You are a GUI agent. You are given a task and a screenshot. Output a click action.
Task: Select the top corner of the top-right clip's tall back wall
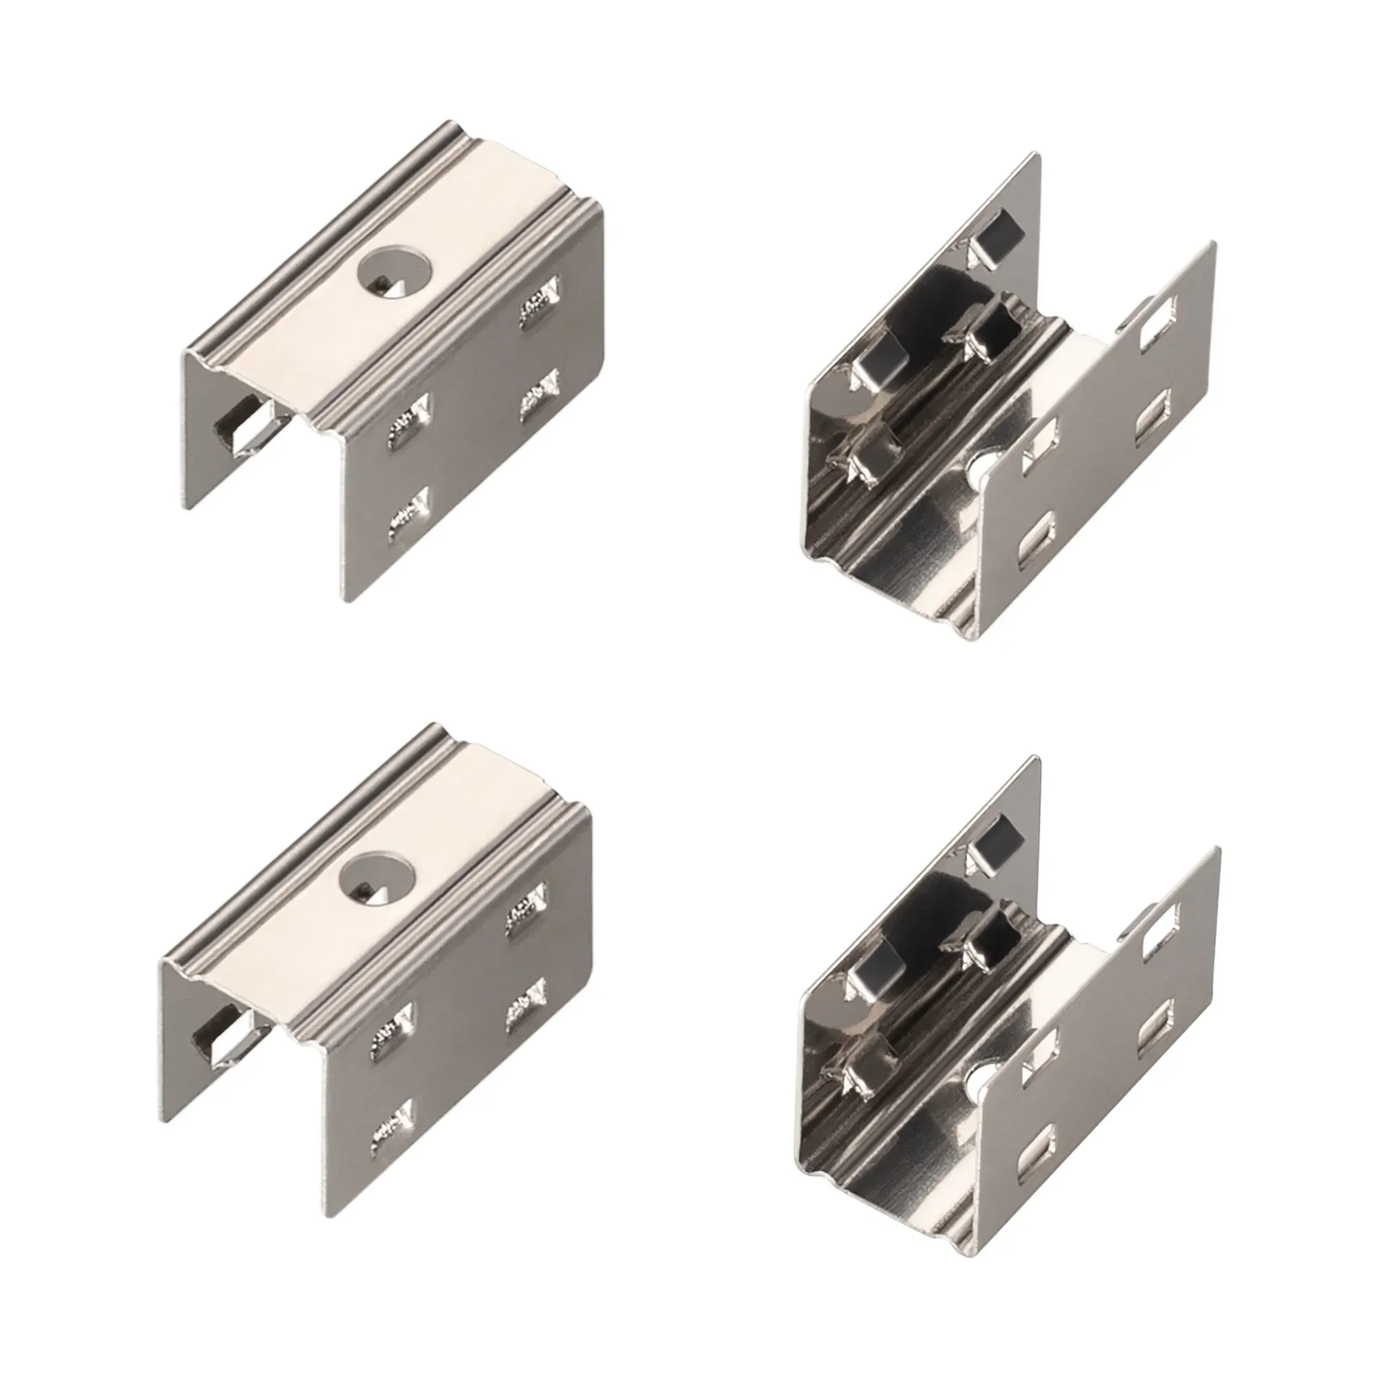pyautogui.click(x=1038, y=154)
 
